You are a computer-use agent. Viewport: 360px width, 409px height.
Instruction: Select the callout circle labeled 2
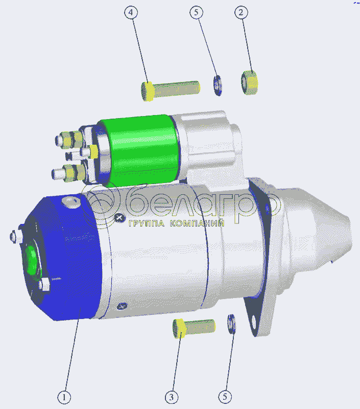241,12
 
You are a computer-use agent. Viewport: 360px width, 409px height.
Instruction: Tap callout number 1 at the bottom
64,397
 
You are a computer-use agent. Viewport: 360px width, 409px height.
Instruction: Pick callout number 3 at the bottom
172,397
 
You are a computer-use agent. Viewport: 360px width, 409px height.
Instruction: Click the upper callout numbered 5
197,12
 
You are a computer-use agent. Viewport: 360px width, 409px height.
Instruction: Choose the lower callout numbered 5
225,397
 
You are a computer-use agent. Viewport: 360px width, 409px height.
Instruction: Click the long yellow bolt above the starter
171,90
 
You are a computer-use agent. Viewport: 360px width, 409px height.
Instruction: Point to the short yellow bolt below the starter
194,328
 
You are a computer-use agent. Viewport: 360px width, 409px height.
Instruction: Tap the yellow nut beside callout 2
249,82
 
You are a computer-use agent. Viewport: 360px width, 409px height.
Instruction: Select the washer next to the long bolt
218,85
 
